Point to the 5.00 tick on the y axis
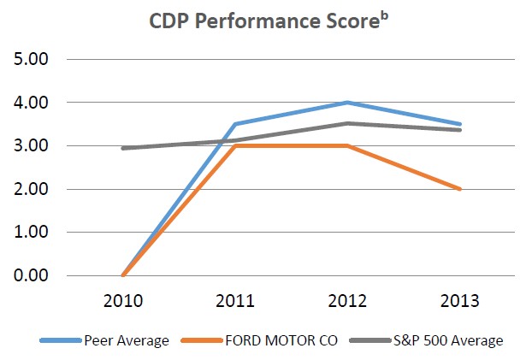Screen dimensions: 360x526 click(x=33, y=60)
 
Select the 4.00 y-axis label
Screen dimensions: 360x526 click(x=33, y=103)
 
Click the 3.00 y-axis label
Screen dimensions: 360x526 click(x=33, y=146)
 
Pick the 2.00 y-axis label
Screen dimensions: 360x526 click(x=33, y=189)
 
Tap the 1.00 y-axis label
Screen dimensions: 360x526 click(x=33, y=233)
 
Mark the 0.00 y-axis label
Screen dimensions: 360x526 click(x=33, y=275)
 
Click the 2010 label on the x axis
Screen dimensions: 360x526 click(x=125, y=301)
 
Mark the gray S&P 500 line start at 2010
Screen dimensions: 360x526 click(x=125, y=148)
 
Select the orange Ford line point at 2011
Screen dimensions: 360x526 click(x=234, y=146)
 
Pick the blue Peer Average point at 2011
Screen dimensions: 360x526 click(x=234, y=124)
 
